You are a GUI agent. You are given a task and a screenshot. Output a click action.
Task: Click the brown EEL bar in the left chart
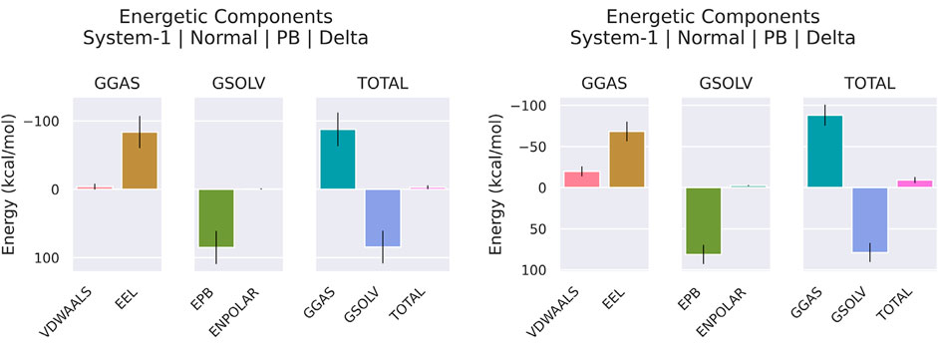pos(140,161)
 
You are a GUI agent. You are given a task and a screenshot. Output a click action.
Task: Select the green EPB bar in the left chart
pos(215,217)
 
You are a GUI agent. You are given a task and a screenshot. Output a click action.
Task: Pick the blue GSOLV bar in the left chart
pos(383,217)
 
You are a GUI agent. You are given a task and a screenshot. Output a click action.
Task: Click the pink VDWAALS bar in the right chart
pos(581,180)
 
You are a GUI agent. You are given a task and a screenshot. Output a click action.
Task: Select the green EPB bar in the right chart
pos(703,220)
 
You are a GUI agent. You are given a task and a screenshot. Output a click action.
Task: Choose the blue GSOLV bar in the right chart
pos(870,219)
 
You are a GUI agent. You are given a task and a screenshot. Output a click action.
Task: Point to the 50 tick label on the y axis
pos(538,229)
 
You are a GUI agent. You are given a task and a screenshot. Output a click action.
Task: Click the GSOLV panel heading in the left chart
pos(238,83)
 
